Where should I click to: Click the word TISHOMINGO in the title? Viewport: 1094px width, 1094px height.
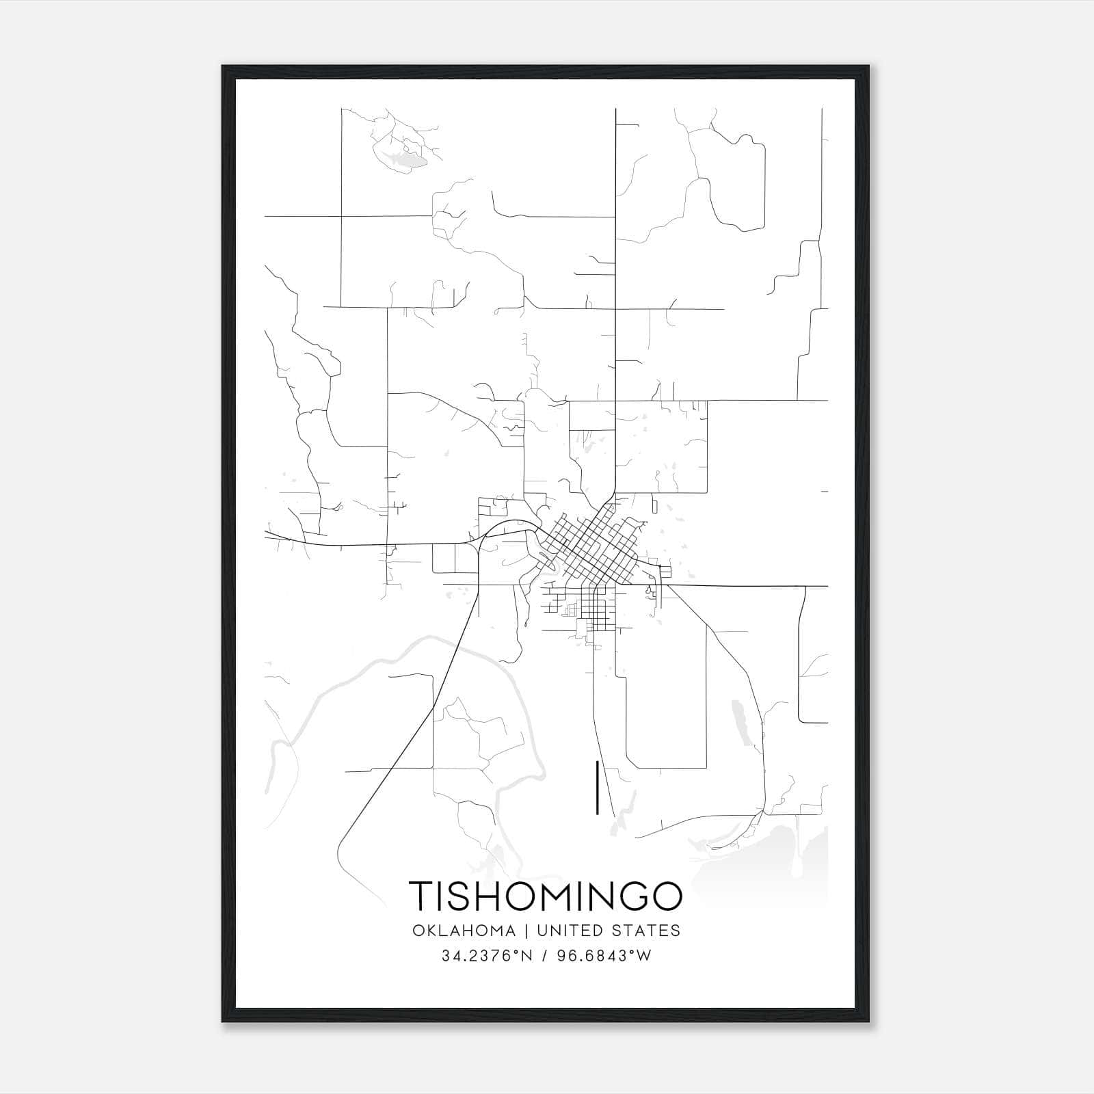(546, 896)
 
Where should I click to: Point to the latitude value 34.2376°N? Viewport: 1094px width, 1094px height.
(486, 956)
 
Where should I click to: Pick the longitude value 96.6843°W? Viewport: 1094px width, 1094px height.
(603, 956)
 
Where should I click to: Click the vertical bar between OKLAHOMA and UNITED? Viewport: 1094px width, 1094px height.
(526, 931)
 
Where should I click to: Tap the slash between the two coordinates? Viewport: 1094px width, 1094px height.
(544, 956)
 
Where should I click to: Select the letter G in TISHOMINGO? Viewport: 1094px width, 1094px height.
(630, 896)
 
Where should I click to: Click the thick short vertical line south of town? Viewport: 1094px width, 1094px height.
(598, 787)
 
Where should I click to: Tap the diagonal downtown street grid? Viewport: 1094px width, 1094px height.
(588, 544)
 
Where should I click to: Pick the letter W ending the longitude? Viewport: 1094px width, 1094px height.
(645, 956)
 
